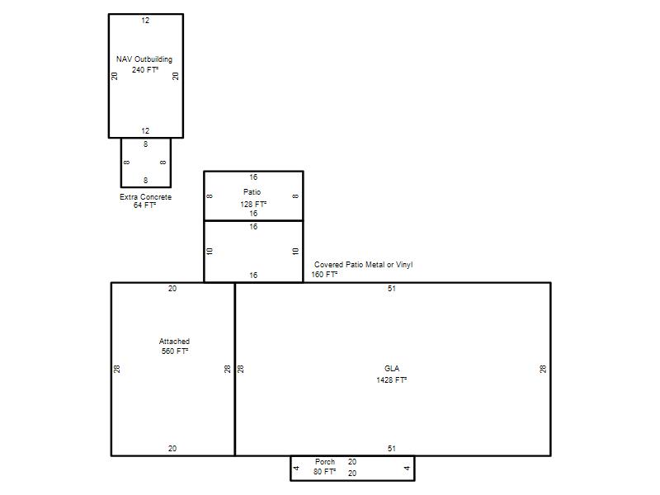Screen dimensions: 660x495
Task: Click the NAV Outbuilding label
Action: click(144, 59)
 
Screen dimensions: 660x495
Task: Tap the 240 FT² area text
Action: click(145, 70)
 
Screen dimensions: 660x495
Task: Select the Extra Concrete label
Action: click(146, 197)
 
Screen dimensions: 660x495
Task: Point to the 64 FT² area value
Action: click(145, 205)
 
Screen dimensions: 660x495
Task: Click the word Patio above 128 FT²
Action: click(252, 192)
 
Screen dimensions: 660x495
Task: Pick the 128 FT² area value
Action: click(253, 204)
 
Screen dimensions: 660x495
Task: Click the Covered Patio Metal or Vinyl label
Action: click(363, 265)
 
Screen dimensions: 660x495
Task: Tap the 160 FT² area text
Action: click(324, 275)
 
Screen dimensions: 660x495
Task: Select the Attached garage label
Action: click(174, 342)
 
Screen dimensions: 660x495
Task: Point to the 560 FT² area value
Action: click(175, 351)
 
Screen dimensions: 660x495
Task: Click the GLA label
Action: click(392, 369)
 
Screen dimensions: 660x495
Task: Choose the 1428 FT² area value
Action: click(391, 380)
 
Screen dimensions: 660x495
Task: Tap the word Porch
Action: click(325, 462)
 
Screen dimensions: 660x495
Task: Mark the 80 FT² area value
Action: click(324, 472)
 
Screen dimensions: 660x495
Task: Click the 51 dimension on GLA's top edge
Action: click(392, 289)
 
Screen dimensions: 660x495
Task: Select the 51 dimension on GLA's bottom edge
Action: click(392, 449)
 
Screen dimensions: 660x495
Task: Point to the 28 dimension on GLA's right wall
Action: click(543, 369)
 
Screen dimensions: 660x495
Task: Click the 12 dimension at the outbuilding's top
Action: click(145, 20)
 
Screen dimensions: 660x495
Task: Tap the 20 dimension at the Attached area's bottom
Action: click(172, 449)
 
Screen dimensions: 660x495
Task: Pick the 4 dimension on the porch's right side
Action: click(407, 468)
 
